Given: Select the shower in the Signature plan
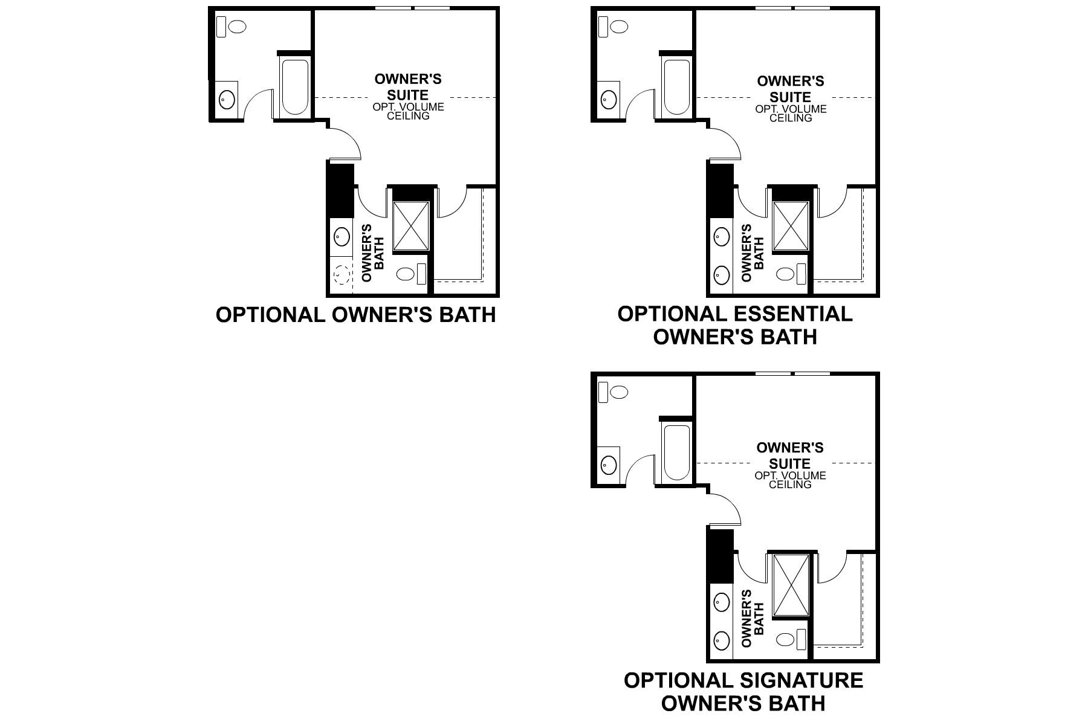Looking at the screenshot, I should pyautogui.click(x=791, y=585).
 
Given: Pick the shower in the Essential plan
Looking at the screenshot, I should pyautogui.click(x=791, y=226).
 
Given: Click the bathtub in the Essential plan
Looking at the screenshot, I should pyautogui.click(x=676, y=88).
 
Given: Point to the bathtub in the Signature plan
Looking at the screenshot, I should pyautogui.click(x=676, y=453).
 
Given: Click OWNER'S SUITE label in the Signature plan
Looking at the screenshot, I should pyautogui.click(x=790, y=456).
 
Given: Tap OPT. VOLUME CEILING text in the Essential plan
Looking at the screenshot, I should pyautogui.click(x=790, y=113).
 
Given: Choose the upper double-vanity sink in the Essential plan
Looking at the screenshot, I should pyautogui.click(x=720, y=236).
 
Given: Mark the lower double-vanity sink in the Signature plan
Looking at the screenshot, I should pyautogui.click(x=720, y=638).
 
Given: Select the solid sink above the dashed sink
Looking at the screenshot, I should pyautogui.click(x=342, y=236).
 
